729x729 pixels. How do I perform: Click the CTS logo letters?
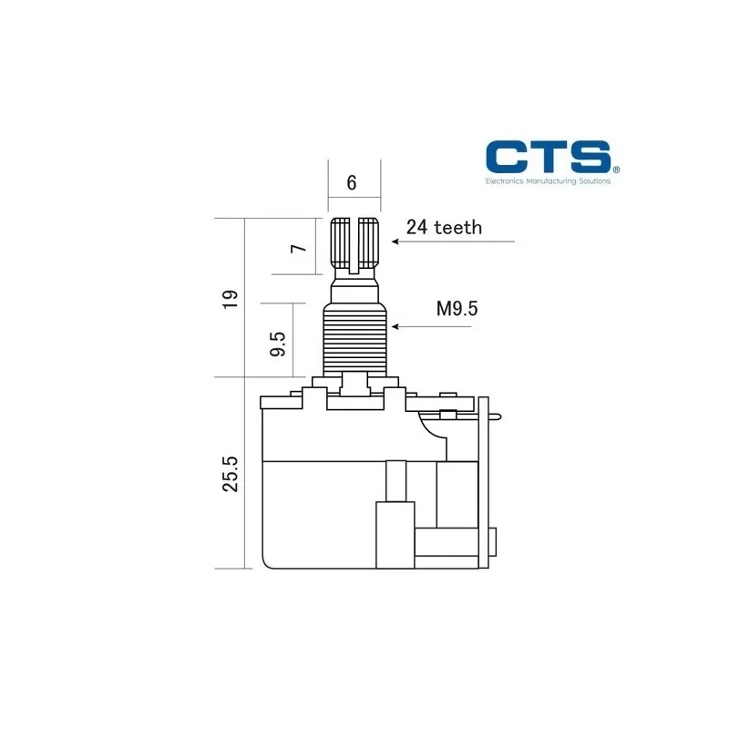coord(546,156)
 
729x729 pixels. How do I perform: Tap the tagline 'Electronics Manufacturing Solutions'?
coord(547,181)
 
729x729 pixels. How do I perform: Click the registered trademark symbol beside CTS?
coord(616,169)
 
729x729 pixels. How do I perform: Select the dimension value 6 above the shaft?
coord(352,182)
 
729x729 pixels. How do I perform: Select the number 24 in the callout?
coord(417,227)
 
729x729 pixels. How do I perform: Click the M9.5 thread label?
coord(457,308)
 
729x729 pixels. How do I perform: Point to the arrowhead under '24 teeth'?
coord(395,241)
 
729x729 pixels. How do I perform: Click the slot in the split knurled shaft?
coord(354,243)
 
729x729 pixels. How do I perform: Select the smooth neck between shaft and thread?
coord(354,290)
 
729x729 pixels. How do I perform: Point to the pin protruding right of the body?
coord(496,416)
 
